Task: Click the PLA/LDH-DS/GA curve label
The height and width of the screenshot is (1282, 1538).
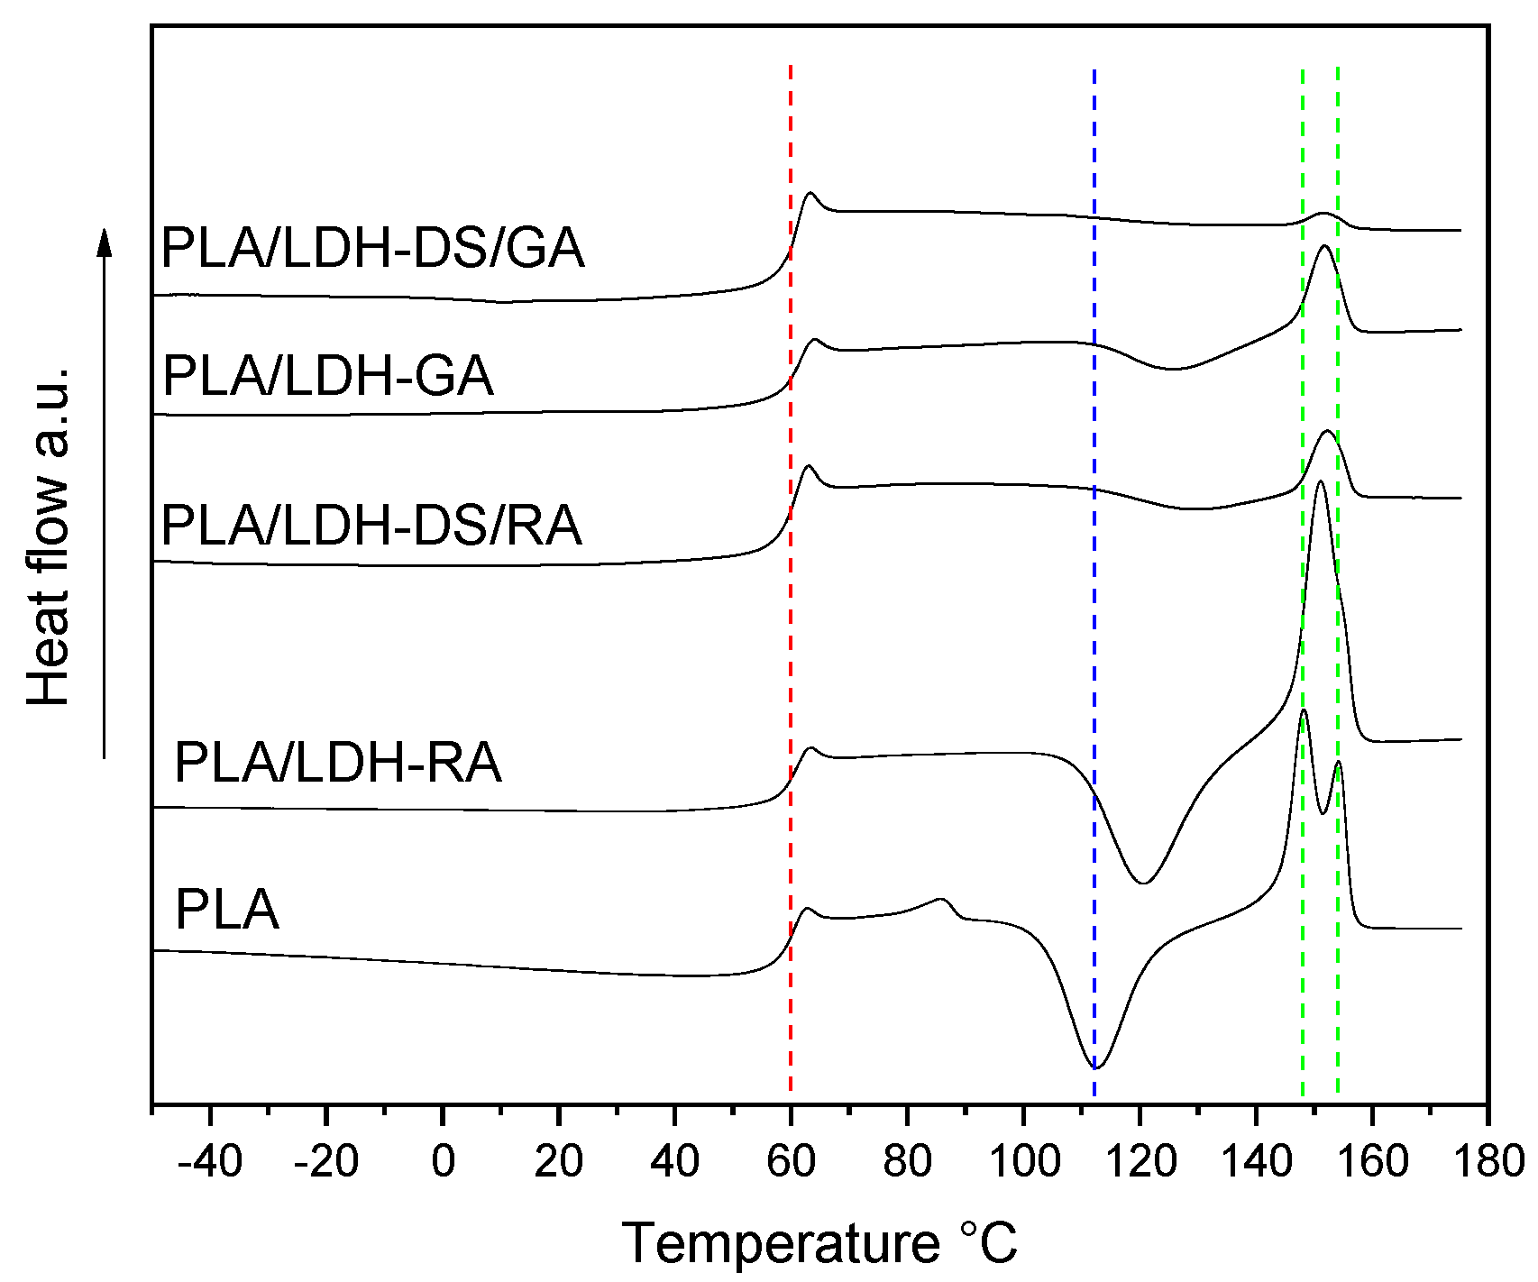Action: (372, 248)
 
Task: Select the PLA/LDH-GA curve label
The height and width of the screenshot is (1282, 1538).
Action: (328, 376)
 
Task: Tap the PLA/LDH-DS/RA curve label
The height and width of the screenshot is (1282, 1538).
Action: (371, 526)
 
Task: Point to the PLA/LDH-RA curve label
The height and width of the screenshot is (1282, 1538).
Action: (337, 763)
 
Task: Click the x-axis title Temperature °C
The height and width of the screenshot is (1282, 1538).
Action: (819, 1244)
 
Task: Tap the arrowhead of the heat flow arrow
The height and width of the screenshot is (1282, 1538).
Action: (105, 242)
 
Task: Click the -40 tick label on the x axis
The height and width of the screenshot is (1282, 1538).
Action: (210, 1162)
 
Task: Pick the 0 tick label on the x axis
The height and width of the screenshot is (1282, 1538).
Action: (443, 1162)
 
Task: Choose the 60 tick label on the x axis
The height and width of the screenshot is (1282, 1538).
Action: (791, 1162)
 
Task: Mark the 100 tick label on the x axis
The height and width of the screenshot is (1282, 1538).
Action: (1022, 1162)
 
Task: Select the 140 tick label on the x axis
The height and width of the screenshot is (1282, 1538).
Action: (1255, 1162)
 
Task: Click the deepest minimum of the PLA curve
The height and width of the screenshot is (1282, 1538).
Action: (1098, 1067)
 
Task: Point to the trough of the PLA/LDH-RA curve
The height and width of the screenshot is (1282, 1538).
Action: (1143, 883)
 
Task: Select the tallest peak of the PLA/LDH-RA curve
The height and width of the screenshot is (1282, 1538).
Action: (1321, 482)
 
